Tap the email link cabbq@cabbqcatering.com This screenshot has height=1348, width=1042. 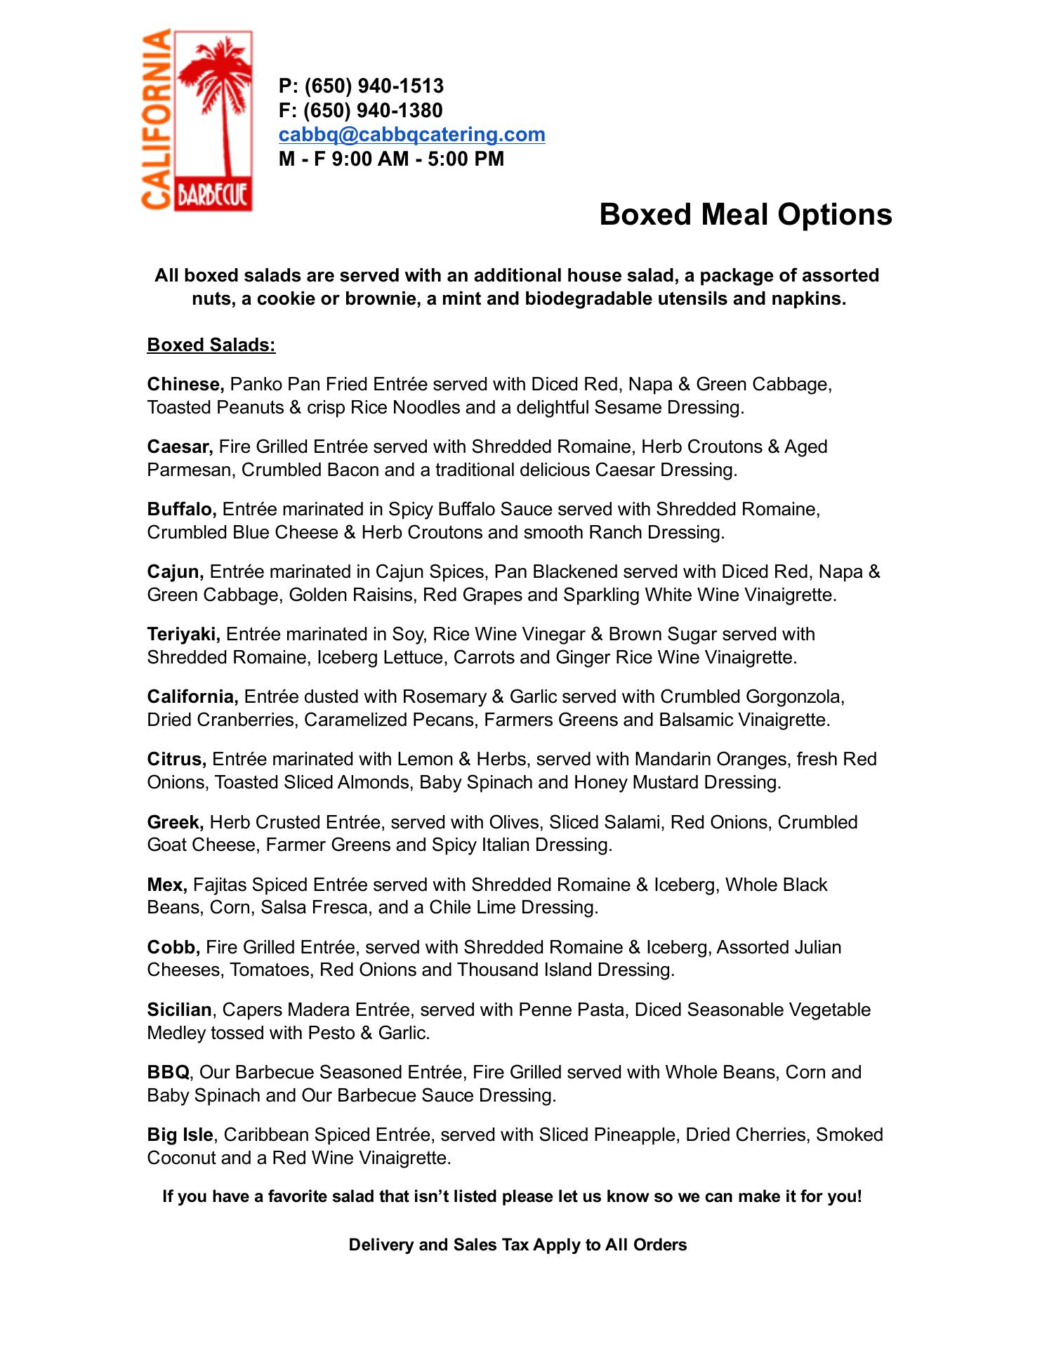[x=411, y=134]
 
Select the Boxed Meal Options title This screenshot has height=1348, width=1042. [x=745, y=214]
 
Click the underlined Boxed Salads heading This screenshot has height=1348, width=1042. [x=211, y=345]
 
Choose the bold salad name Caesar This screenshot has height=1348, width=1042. [x=180, y=447]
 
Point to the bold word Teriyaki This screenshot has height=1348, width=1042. [x=184, y=634]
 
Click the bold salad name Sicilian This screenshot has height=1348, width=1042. [x=179, y=1010]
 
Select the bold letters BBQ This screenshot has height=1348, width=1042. [x=168, y=1072]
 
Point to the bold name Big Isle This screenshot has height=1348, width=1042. [x=180, y=1135]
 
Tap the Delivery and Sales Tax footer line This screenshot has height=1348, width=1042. [x=517, y=1245]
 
